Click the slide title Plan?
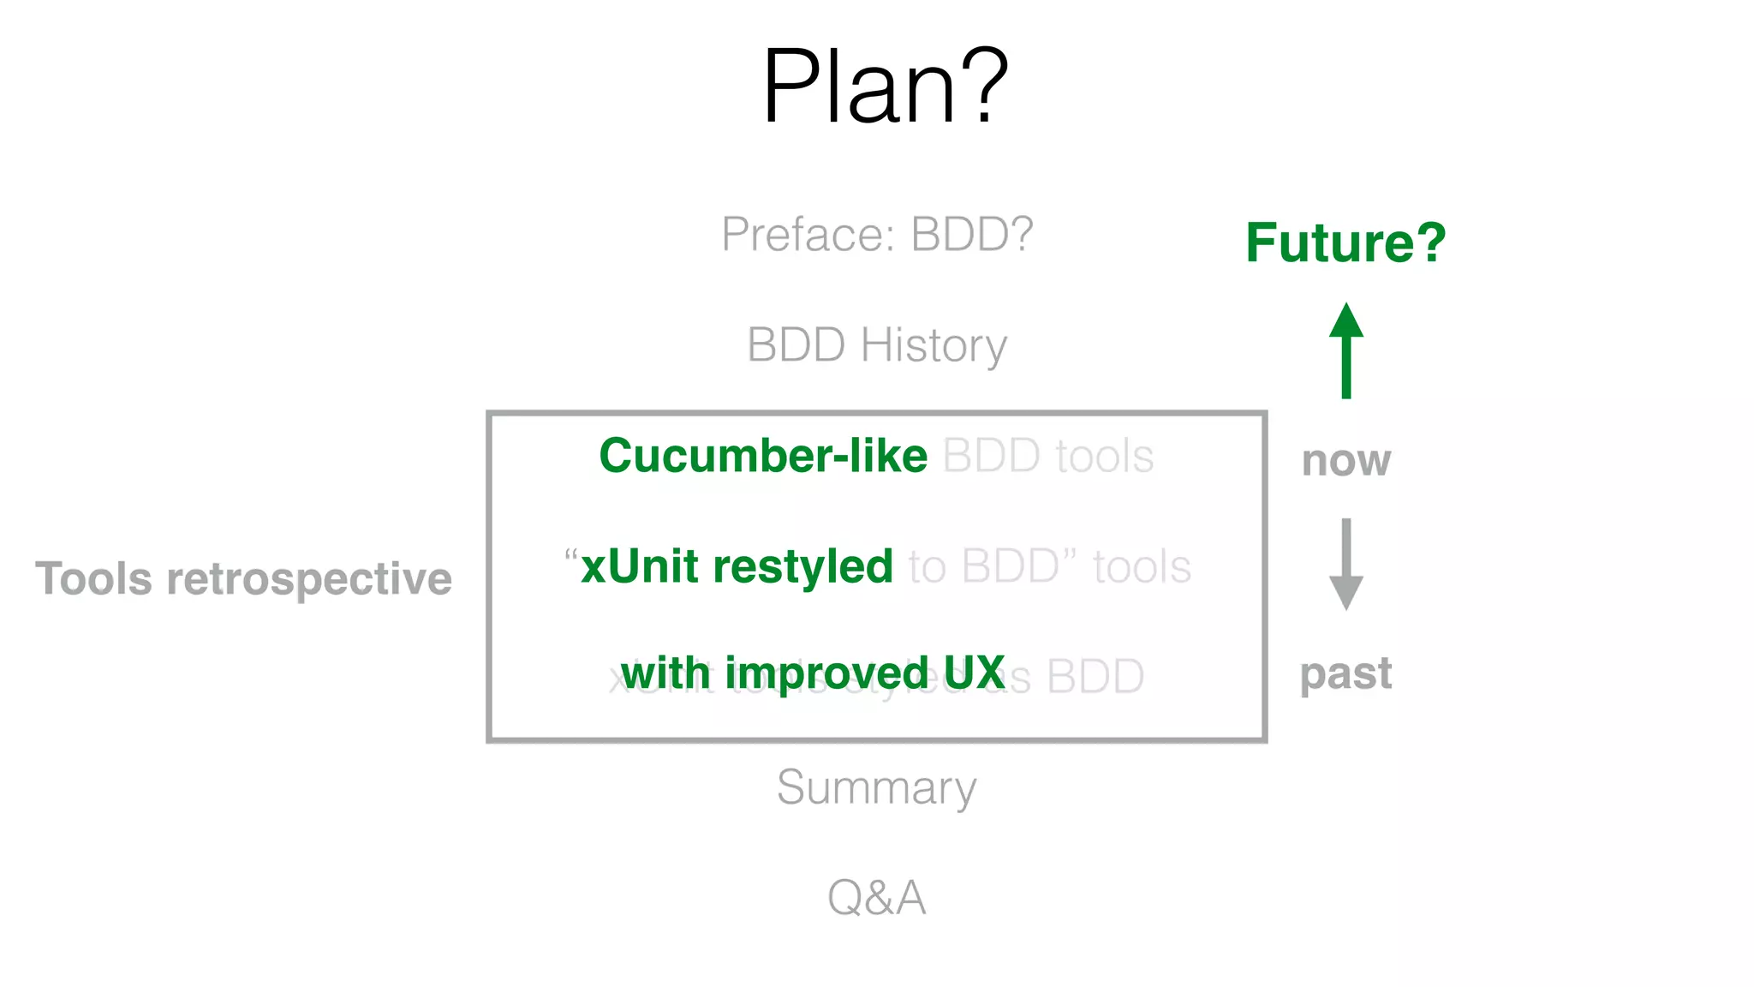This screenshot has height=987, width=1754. (885, 86)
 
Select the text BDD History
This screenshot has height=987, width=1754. (877, 345)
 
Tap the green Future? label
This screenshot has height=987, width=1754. (1345, 242)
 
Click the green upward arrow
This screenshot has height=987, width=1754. (1345, 350)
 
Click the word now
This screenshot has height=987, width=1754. (1345, 461)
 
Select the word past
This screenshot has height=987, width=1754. (1345, 673)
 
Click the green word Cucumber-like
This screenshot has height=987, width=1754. (763, 455)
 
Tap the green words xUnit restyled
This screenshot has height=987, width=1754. (737, 566)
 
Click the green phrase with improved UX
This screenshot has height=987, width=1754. (812, 673)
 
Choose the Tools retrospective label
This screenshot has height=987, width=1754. (243, 578)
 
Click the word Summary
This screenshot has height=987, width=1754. (876, 787)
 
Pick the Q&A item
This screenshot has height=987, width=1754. (876, 897)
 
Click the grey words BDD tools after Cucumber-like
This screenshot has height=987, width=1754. (1047, 456)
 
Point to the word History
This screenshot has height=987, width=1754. (934, 345)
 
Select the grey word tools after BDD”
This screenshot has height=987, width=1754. (1142, 567)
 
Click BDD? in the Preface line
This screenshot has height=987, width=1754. (971, 234)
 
